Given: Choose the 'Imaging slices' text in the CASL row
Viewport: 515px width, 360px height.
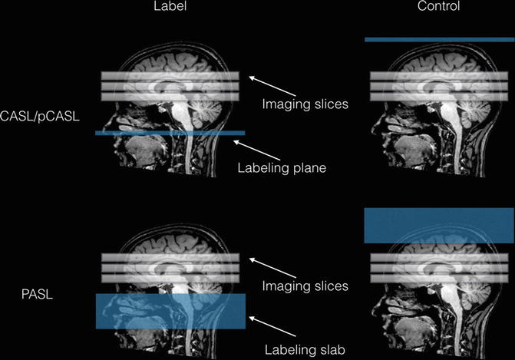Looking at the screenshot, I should (305, 104).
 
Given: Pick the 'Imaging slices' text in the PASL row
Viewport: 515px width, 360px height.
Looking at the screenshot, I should (305, 286).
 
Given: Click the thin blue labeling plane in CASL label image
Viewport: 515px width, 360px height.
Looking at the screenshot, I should (169, 133).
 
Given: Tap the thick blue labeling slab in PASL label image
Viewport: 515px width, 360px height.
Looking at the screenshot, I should (170, 312).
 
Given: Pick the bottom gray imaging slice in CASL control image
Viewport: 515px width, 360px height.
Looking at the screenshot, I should (437, 97).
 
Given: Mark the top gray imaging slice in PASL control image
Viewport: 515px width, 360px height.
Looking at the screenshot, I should (437, 259).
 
